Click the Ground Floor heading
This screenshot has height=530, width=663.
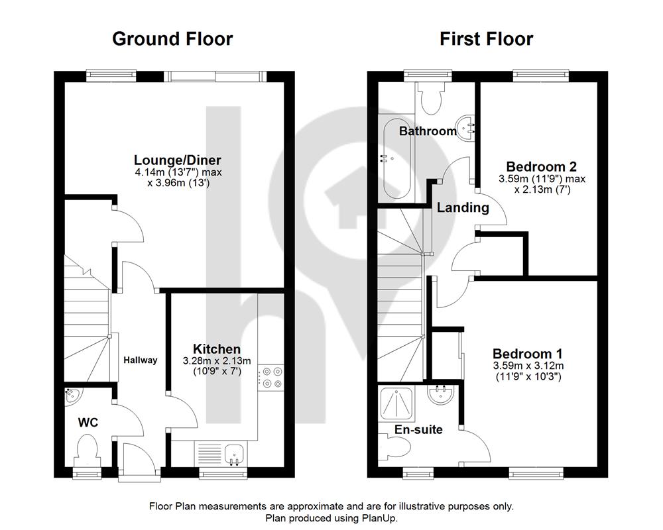tap(172, 39)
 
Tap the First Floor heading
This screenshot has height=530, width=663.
tap(486, 39)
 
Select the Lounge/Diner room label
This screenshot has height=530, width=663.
tap(178, 160)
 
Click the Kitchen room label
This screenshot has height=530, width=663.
tap(217, 349)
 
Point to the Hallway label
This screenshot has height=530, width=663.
tap(141, 360)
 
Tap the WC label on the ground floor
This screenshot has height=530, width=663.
tap(88, 422)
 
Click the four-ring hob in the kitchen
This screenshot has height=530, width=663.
tap(271, 378)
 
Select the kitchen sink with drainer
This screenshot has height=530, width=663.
tap(220, 454)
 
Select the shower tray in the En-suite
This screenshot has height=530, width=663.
tap(396, 403)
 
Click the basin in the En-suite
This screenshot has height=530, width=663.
tap(441, 394)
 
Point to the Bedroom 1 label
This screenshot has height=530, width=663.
tap(528, 354)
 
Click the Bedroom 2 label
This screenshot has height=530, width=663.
tap(541, 166)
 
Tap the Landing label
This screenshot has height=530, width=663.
tap(463, 207)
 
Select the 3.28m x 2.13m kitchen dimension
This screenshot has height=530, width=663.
tap(217, 361)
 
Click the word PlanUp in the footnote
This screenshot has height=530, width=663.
tap(379, 517)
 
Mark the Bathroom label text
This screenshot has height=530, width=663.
tap(428, 131)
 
